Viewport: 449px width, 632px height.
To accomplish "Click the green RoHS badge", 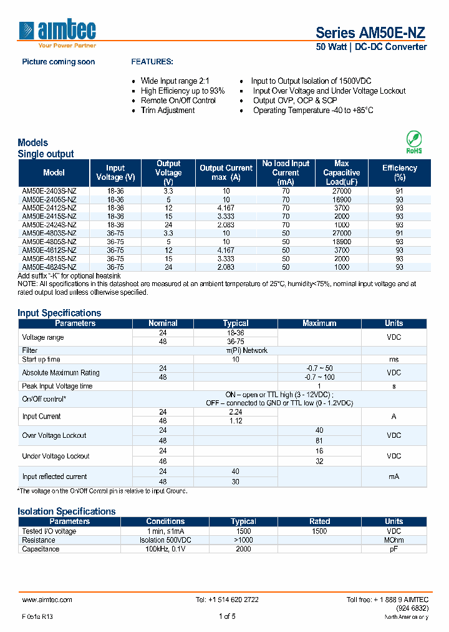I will click(413, 142).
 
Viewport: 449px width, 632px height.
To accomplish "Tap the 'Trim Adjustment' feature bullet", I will click(167, 111).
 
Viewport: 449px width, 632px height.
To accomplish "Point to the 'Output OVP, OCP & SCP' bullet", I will click(295, 101).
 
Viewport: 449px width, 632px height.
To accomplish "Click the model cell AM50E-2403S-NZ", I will click(49, 191).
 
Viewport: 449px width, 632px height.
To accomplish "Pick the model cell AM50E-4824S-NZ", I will click(49, 267).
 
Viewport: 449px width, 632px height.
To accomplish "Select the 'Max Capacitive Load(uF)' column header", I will click(341, 172).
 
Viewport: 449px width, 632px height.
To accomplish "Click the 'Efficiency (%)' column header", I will click(399, 172).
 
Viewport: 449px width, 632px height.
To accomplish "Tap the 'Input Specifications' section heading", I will click(59, 313).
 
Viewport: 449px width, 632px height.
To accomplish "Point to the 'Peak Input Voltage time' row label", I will click(57, 387).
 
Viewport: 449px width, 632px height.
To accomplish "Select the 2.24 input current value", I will click(235, 412).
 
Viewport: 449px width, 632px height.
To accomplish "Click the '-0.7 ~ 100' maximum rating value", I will click(319, 377).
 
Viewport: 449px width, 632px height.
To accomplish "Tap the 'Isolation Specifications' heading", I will click(67, 511).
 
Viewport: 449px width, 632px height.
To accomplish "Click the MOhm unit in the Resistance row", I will click(393, 540).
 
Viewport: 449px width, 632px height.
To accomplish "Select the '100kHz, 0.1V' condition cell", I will click(165, 549).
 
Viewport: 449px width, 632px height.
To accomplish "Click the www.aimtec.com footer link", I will click(47, 600).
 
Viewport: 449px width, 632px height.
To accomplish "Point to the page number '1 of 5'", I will click(227, 616).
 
